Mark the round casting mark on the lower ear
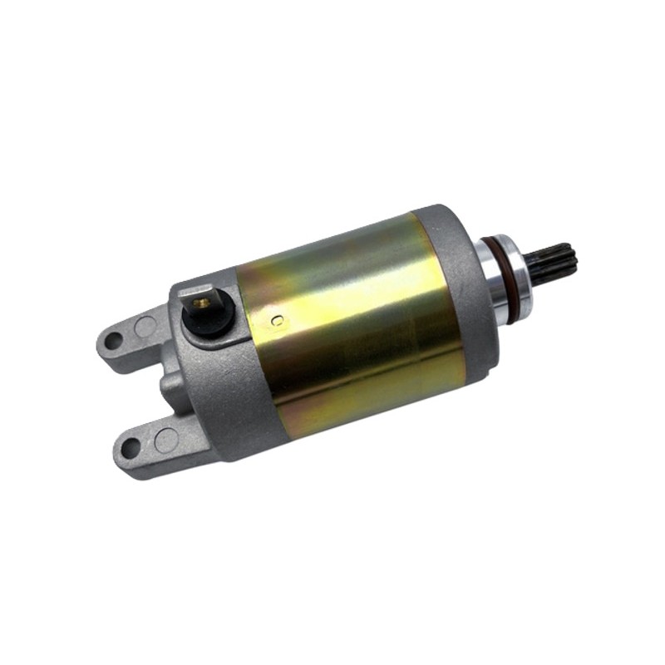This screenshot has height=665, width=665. tap(166, 436)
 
